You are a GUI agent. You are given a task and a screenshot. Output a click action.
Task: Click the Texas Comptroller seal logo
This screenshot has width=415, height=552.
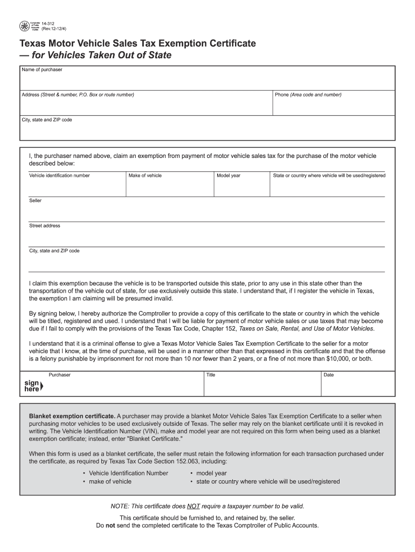click(x=24, y=25)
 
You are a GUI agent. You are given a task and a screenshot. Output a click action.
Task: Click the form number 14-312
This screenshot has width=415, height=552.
click(x=49, y=23)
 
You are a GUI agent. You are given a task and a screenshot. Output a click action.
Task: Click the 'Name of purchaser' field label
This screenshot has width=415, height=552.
click(x=41, y=70)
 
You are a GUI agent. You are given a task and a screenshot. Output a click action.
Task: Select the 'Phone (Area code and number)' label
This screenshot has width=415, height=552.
click(x=308, y=95)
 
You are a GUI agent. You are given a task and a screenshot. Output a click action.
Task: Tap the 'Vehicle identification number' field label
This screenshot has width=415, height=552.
click(x=59, y=176)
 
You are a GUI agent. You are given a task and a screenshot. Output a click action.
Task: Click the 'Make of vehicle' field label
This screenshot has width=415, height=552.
click(x=145, y=176)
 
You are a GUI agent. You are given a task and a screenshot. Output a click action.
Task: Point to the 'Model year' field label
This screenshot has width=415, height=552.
click(x=229, y=176)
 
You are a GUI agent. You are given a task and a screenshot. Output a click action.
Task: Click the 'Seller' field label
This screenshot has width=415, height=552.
click(x=35, y=201)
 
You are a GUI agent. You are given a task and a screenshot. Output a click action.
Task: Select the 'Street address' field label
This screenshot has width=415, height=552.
click(x=45, y=226)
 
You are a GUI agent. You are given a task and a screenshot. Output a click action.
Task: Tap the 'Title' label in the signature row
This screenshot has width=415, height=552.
click(x=211, y=375)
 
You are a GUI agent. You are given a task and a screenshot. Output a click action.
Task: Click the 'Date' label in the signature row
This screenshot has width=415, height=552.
click(x=328, y=375)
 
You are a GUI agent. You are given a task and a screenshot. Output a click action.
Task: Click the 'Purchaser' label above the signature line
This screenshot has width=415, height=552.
click(x=59, y=375)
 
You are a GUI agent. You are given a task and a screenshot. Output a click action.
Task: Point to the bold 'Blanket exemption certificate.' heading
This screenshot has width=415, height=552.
click(x=72, y=416)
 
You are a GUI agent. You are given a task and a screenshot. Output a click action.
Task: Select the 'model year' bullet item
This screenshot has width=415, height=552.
click(x=211, y=473)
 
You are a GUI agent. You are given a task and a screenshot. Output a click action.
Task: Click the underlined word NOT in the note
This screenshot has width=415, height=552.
click(x=193, y=506)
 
